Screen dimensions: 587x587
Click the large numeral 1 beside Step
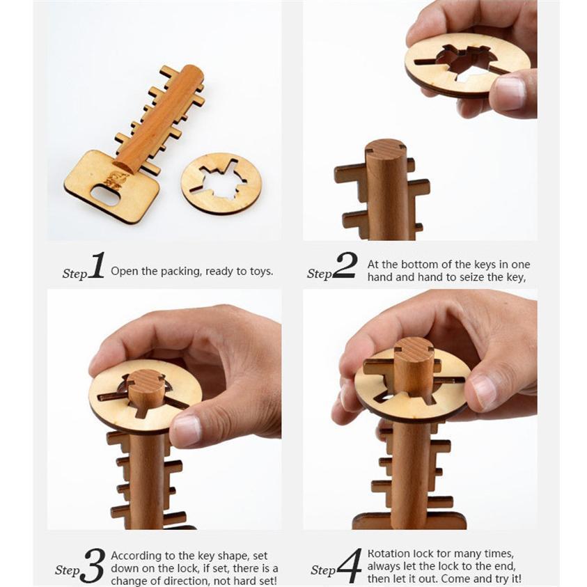[x=96, y=266]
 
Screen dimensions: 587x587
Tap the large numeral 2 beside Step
[x=344, y=266]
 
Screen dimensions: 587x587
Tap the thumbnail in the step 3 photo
[x=187, y=430]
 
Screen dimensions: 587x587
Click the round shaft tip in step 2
[x=385, y=149]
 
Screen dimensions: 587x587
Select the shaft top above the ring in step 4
[x=414, y=348]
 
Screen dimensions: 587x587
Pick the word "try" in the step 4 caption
[x=499, y=579]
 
